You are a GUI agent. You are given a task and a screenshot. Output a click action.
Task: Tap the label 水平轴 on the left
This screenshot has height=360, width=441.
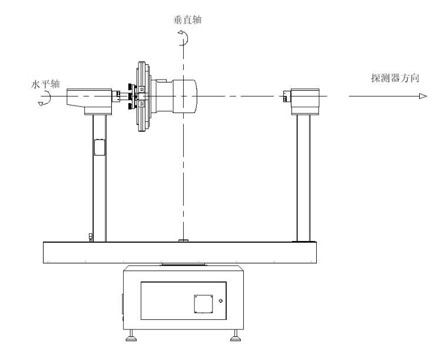(45, 84)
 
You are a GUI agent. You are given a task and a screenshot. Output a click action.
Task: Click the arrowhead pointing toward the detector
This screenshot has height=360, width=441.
(422, 96)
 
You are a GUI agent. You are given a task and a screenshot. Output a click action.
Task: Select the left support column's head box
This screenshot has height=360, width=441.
(89, 100)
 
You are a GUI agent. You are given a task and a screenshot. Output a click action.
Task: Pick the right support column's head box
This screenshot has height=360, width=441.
(307, 100)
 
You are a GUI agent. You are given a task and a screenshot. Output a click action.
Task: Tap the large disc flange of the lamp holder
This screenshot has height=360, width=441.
(141, 96)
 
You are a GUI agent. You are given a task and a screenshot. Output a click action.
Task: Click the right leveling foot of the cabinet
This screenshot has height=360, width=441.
(235, 338)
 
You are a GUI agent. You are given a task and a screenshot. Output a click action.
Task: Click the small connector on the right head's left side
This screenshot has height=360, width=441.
(287, 96)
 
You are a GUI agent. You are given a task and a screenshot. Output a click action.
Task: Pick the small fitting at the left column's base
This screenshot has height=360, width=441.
(90, 237)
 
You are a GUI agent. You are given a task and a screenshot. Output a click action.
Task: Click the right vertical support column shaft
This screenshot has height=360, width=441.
(304, 177)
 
